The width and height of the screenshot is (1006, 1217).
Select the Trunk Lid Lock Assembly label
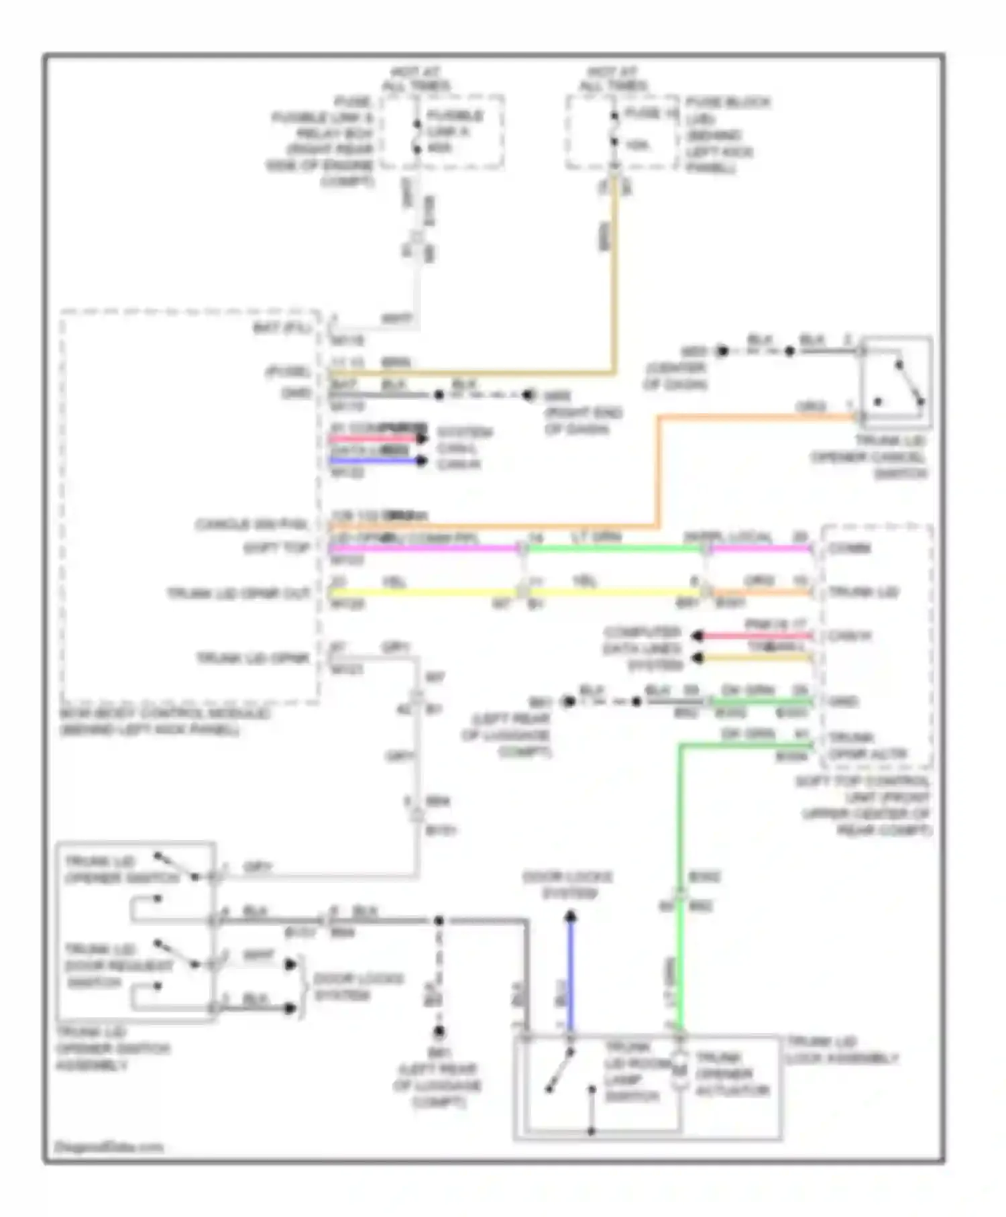[x=841, y=1050]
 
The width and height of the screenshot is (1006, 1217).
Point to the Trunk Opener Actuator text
[x=732, y=1074]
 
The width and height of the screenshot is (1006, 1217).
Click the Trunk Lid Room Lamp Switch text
[x=632, y=1071]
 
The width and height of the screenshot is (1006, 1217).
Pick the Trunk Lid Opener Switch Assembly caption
[x=113, y=1049]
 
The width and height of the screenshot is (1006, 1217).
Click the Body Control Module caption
[x=164, y=721]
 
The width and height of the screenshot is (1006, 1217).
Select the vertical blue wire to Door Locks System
[x=571, y=973]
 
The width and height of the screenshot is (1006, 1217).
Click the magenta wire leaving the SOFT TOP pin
[x=423, y=549]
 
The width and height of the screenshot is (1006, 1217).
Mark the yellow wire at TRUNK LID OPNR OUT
[x=423, y=593]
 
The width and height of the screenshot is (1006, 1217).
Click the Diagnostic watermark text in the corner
[x=109, y=1147]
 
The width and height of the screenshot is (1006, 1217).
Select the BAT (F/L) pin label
[x=282, y=328]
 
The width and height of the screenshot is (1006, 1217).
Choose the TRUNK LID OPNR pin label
[x=253, y=658]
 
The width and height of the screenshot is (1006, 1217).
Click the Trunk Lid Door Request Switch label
[x=117, y=966]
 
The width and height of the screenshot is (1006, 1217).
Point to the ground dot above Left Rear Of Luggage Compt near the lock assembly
[x=439, y=1032]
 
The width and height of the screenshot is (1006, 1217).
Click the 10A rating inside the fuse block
[x=636, y=144]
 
